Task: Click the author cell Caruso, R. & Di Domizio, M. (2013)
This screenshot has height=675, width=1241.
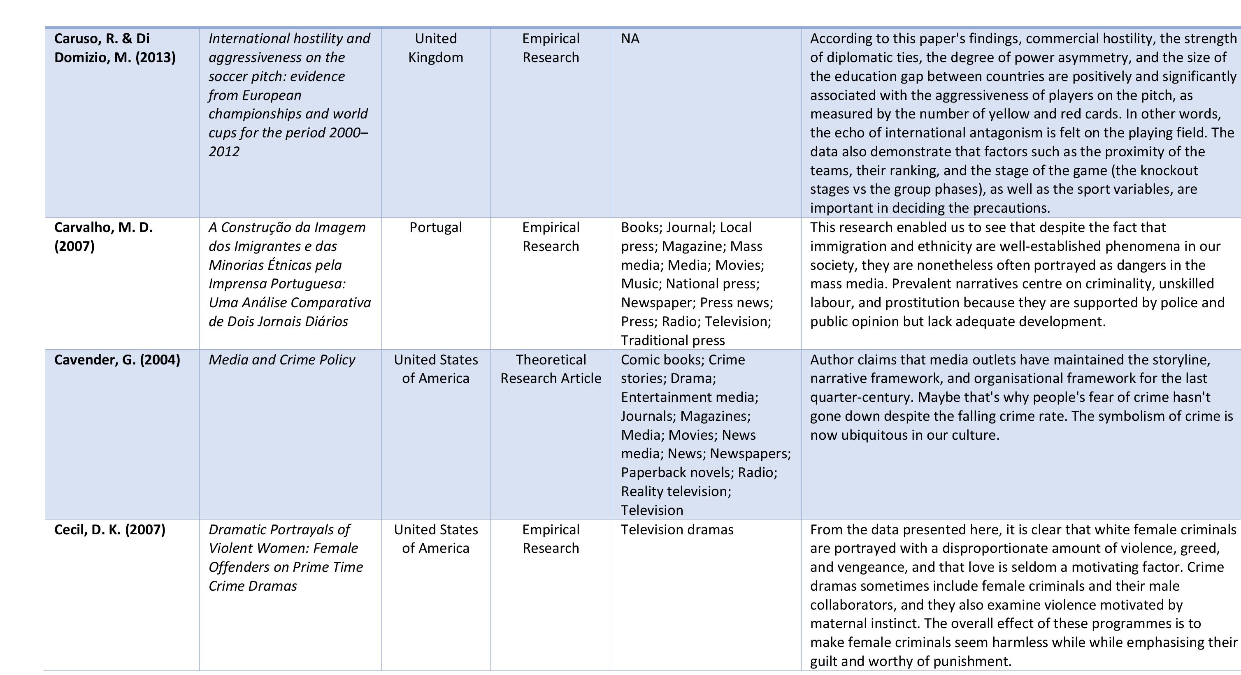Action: click(x=115, y=48)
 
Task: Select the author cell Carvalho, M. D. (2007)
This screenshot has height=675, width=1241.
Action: click(x=103, y=237)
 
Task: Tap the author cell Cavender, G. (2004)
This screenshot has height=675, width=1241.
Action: click(x=117, y=360)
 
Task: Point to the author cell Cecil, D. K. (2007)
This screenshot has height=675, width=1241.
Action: click(x=110, y=530)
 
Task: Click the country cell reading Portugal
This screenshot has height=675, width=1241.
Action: click(x=435, y=227)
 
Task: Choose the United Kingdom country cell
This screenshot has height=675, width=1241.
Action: click(x=435, y=48)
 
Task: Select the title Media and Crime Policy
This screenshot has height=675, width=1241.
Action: click(x=282, y=360)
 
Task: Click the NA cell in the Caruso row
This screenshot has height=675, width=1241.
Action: click(x=630, y=39)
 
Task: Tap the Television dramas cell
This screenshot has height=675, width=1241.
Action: click(x=677, y=530)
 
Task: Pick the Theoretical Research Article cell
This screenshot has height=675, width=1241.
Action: click(x=551, y=369)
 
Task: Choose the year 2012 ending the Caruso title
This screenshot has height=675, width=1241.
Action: click(x=224, y=152)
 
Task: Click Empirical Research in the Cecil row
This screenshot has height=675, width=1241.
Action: click(x=551, y=539)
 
